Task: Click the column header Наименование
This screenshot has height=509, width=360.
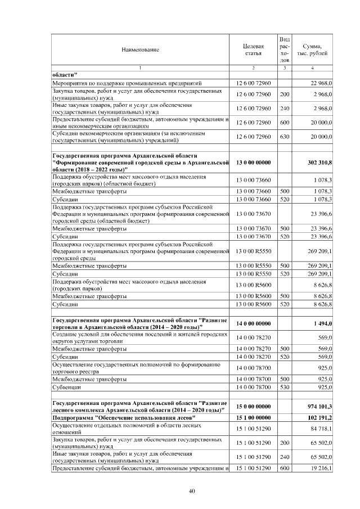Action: tap(140, 49)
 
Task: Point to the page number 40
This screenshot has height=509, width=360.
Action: tap(192, 492)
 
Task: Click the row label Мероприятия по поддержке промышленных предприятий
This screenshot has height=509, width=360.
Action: tap(134, 83)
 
